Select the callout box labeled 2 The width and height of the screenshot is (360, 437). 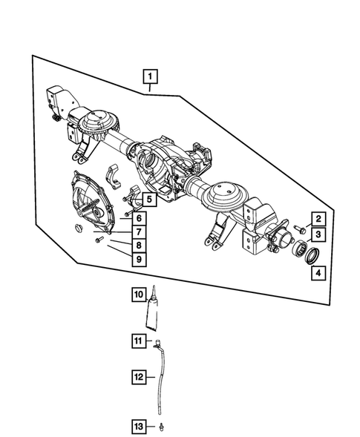(317, 219)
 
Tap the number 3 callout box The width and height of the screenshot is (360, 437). (317, 234)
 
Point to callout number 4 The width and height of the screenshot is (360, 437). (317, 272)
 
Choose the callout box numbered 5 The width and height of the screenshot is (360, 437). (149, 199)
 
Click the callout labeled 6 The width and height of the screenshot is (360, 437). (139, 218)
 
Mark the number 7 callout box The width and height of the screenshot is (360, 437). (139, 232)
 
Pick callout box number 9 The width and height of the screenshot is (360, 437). (139, 260)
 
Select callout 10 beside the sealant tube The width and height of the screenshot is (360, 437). (139, 295)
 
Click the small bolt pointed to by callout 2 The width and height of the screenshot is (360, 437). (298, 228)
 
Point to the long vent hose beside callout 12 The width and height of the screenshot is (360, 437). (160, 378)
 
